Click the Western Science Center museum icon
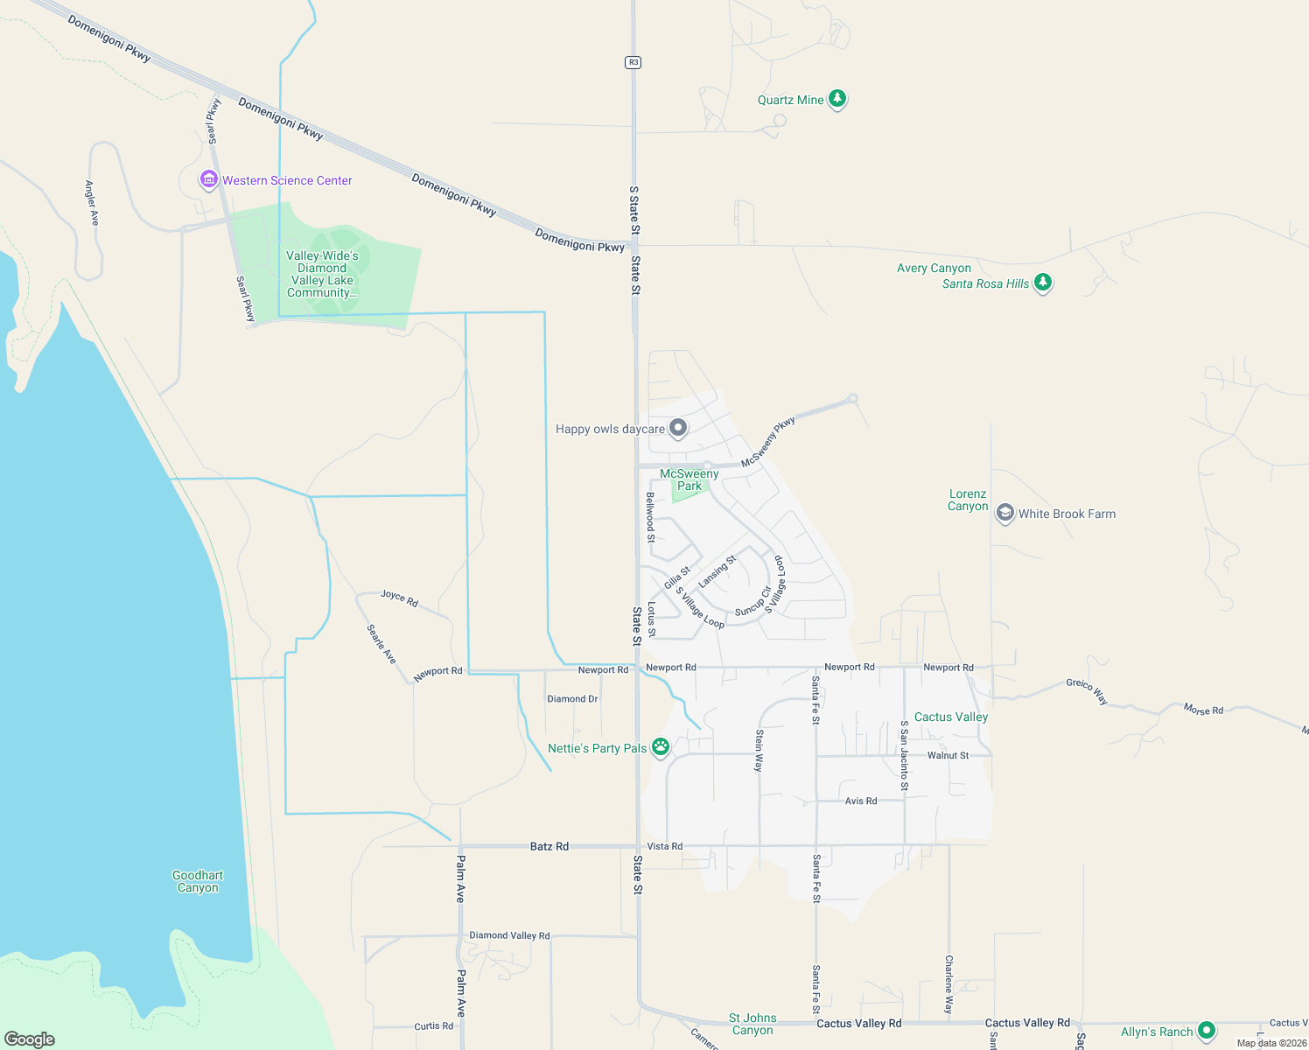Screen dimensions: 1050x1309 [x=208, y=179]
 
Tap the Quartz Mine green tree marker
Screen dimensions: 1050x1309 [x=837, y=99]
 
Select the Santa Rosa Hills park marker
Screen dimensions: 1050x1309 [x=1042, y=283]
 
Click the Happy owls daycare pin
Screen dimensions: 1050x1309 [x=678, y=428]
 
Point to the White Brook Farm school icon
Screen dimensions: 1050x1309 [x=1005, y=513]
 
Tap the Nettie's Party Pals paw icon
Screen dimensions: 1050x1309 [x=661, y=747]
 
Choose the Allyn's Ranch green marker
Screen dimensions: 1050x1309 [x=1207, y=1031]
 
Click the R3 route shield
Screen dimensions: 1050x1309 [x=633, y=62]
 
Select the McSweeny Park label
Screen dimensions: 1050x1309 [x=689, y=479]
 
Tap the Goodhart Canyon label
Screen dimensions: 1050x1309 [x=198, y=881]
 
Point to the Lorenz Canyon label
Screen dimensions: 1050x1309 [x=968, y=500]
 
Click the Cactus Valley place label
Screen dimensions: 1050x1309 [x=951, y=717]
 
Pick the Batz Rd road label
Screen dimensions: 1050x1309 [x=549, y=846]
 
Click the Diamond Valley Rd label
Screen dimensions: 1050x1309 [x=509, y=935]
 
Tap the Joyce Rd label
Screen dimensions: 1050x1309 [x=399, y=598]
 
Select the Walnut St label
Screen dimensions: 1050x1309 [x=948, y=755]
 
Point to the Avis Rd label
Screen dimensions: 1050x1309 [x=861, y=801]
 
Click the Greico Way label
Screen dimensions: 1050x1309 [x=1088, y=690]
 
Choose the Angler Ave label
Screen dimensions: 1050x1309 [x=92, y=203]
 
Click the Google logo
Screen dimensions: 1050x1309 [x=30, y=1039]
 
